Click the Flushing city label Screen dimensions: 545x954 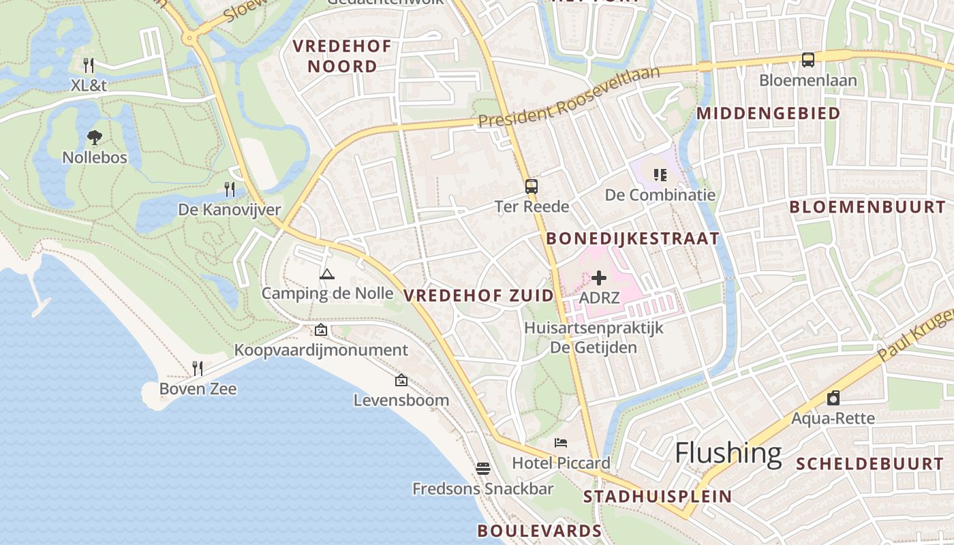[728, 453]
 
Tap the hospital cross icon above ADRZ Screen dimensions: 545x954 [599, 278]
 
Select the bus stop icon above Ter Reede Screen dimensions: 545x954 [531, 186]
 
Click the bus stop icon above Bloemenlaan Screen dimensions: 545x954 [808, 60]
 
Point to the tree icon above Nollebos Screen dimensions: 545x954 [95, 138]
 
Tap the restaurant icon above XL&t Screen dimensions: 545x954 [89, 65]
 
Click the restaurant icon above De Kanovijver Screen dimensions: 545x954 [230, 189]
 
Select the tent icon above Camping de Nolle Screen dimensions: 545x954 [327, 274]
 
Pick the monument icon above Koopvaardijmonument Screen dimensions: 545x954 [321, 330]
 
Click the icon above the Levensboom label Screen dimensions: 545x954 [401, 380]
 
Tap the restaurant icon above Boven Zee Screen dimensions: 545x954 [198, 369]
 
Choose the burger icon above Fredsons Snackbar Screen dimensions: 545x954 [483, 469]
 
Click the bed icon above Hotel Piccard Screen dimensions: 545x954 [561, 443]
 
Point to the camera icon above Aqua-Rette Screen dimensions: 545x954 [833, 398]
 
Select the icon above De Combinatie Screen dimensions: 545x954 [660, 175]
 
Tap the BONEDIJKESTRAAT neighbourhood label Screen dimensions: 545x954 [633, 238]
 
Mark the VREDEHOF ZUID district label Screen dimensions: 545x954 [478, 296]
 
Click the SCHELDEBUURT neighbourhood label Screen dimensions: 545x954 [870, 464]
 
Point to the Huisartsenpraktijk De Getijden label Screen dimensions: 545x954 [594, 338]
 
